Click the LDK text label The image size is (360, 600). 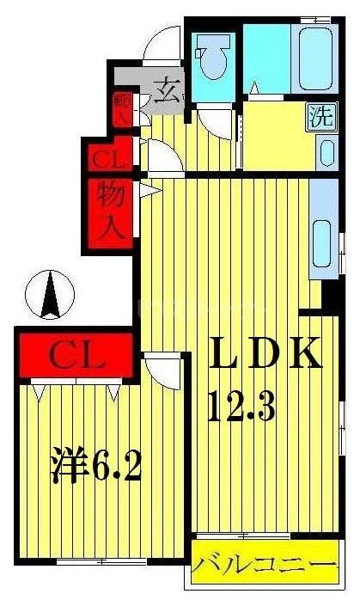click(x=263, y=355)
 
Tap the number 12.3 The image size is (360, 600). click(x=241, y=403)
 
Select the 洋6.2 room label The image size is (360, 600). click(x=93, y=468)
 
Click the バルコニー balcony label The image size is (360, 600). click(x=262, y=566)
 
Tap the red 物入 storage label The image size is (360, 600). click(x=109, y=211)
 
